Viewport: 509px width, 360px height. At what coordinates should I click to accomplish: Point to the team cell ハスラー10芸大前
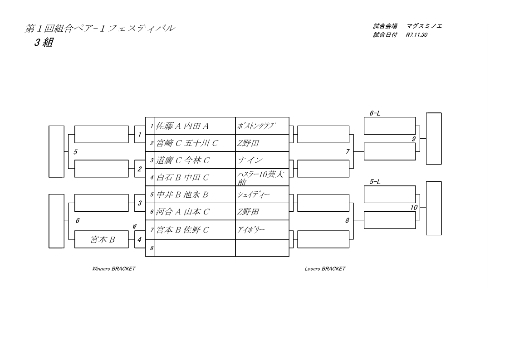coord(262,178)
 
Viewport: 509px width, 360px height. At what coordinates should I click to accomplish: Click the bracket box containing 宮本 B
coord(102,239)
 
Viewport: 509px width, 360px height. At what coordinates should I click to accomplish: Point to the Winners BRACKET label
coord(113,269)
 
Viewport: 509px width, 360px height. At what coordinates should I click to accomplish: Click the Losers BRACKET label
coord(325,269)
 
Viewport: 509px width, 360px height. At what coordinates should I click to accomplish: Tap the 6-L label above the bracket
coord(375,113)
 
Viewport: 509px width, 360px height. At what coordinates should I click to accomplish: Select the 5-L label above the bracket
coord(375,182)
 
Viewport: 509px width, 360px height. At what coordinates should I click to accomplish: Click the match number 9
coord(413,139)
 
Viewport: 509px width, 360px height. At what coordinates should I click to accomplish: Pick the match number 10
coord(414,207)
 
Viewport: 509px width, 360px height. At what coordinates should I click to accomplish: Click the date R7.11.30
coord(416,35)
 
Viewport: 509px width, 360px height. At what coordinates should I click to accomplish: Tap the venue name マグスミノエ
coord(425,26)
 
